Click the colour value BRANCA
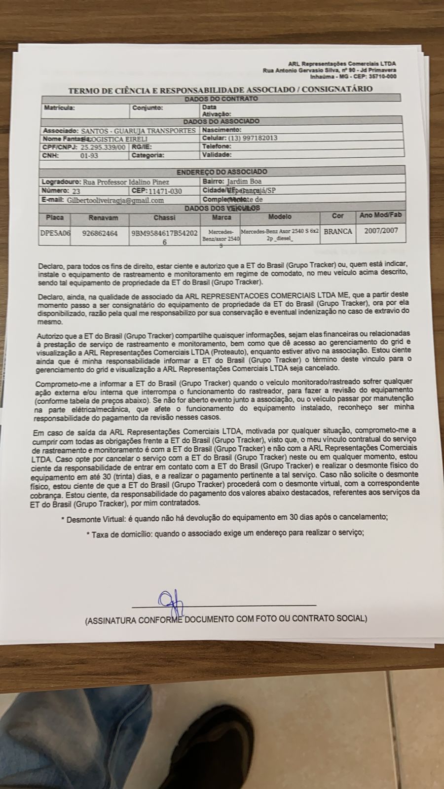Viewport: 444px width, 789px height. coord(338,231)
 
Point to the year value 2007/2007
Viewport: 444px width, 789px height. coord(381,230)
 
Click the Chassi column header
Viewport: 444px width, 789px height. coord(164,217)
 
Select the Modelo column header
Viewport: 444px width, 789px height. coord(280,216)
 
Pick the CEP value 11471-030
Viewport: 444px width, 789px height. coord(165,191)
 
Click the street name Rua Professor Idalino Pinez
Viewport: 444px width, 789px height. coord(126,182)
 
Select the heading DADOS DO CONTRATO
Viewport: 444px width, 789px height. coord(221,99)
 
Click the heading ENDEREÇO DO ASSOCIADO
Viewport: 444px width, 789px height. coord(222,172)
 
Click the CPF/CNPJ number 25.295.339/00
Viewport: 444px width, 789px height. coord(103,147)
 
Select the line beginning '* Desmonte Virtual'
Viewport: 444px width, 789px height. coord(224,517)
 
